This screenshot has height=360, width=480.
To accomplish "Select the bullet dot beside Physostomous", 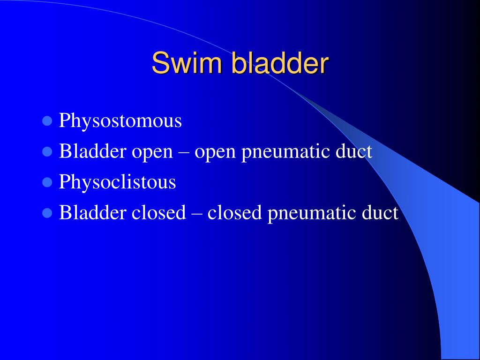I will click(x=47, y=121).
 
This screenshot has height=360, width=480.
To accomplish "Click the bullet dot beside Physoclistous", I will click(x=47, y=182).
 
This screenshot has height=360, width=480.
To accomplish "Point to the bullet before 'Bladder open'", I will click(x=47, y=152).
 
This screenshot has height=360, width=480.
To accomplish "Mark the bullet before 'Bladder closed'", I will click(x=47, y=213).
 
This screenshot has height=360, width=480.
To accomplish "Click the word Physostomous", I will click(x=120, y=121).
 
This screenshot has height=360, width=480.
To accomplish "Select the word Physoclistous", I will click(x=117, y=182).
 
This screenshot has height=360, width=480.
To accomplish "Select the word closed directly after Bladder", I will click(x=158, y=213).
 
